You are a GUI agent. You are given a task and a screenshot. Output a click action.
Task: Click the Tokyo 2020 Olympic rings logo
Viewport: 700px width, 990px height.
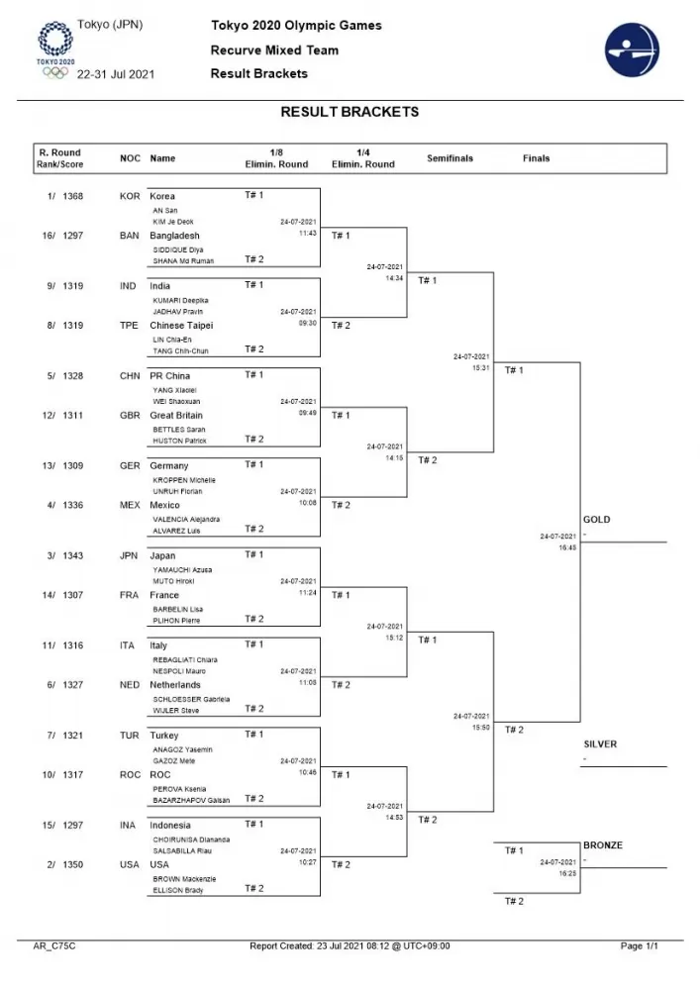(54, 48)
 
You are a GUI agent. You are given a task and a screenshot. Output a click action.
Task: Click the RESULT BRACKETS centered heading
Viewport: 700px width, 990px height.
(350, 112)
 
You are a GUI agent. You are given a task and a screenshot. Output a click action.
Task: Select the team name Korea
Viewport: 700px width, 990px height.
(162, 196)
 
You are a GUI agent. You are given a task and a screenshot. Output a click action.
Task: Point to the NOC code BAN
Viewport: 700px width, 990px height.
(130, 236)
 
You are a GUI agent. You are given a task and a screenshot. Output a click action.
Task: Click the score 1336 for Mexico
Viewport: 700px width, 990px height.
(72, 505)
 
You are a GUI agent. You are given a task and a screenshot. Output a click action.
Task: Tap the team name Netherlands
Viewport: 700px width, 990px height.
(175, 685)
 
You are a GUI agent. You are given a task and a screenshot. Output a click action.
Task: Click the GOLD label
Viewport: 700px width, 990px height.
(597, 520)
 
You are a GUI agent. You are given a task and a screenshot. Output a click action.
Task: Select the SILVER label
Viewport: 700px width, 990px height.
(600, 743)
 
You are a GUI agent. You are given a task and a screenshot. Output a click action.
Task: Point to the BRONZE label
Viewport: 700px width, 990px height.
(603, 845)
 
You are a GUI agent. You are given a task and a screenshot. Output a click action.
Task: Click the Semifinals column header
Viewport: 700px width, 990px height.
(450, 158)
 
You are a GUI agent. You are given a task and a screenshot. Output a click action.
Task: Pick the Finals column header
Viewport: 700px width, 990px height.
(537, 158)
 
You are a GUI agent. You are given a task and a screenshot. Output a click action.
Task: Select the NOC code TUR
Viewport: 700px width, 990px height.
(130, 736)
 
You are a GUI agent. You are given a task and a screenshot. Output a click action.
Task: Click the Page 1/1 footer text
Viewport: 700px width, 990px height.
(639, 946)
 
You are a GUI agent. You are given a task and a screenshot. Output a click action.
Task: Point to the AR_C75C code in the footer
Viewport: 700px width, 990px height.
(54, 946)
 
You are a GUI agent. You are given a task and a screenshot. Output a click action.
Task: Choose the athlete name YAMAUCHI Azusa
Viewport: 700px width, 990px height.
(182, 569)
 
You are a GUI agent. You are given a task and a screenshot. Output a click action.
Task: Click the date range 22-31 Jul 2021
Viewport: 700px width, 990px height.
(115, 73)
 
